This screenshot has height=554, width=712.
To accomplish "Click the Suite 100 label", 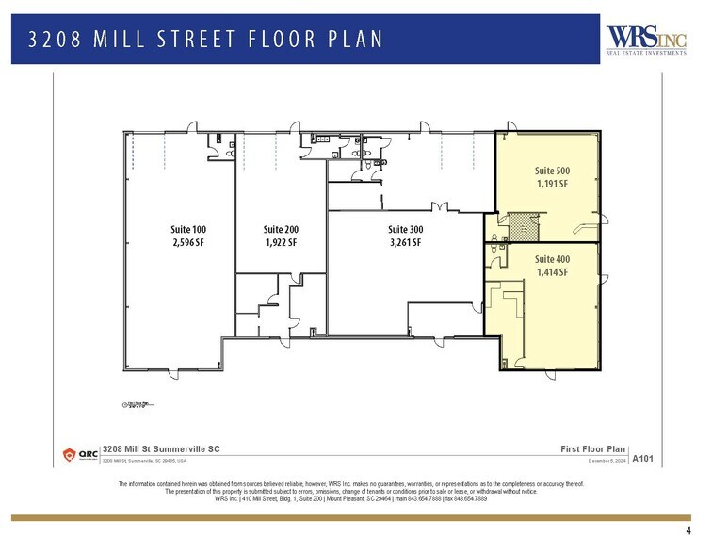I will coord(187,229).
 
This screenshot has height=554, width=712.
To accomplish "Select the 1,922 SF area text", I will coord(281,242).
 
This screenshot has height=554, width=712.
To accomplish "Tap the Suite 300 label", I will coord(406,229).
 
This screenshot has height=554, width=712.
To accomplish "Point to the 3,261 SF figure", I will coord(406,242).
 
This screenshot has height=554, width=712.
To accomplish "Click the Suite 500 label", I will coord(552,171).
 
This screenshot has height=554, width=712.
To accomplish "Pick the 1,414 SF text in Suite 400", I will coord(552,272).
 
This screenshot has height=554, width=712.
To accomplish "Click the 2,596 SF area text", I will coord(187,242).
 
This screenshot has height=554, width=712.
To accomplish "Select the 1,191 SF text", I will coord(552,184).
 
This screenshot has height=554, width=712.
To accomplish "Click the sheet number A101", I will coord(642,459).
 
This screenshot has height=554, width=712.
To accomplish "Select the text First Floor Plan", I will coord(591,448).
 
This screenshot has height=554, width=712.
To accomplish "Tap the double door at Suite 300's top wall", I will coord(437,205).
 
